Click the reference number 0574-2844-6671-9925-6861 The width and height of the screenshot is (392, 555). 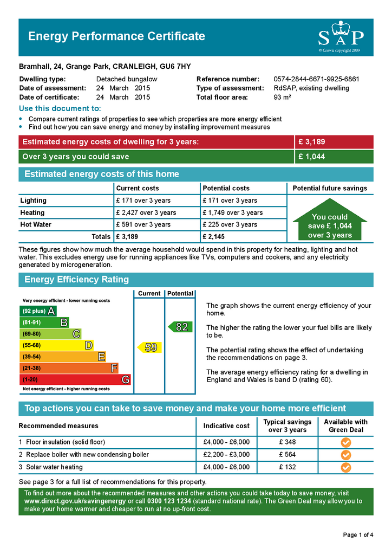tap(316, 79)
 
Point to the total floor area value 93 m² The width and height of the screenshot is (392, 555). tap(283, 98)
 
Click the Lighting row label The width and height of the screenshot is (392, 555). tap(34, 201)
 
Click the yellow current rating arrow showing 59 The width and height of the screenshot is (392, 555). tap(149, 347)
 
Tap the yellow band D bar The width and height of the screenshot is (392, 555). tap(56, 345)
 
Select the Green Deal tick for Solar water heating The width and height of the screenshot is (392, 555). tap(345, 467)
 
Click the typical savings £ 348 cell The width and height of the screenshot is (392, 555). tap(287, 442)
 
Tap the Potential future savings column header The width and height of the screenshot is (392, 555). tap(330, 188)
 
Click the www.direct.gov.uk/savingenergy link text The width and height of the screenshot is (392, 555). tap(75, 501)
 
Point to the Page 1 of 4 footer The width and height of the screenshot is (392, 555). tap(358, 535)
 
